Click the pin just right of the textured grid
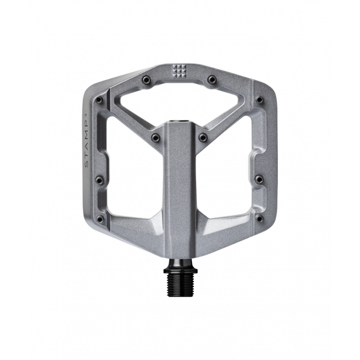211,79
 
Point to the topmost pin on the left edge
100,100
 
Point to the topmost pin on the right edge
259,100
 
